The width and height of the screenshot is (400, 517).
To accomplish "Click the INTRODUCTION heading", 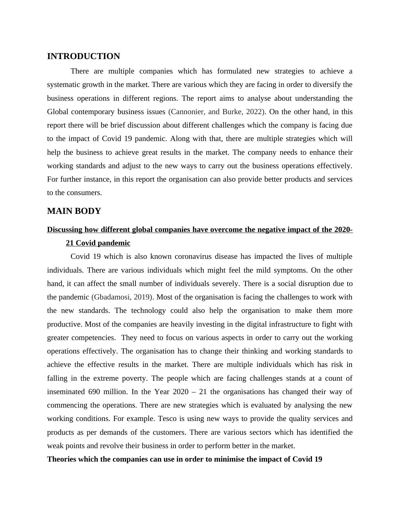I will [83, 56].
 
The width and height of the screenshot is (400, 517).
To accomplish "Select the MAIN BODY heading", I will [74, 211].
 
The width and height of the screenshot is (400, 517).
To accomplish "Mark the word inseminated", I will [65, 392].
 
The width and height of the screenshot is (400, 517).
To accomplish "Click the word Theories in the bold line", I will [62, 459].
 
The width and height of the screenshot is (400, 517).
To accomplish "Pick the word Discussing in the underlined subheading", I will [65, 230].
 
